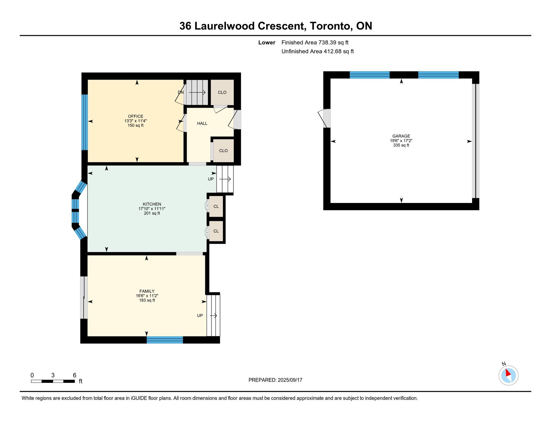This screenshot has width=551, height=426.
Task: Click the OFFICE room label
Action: pyautogui.click(x=135, y=116)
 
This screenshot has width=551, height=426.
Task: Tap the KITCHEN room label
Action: pyautogui.click(x=152, y=204)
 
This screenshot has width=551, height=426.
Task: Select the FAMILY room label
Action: pyautogui.click(x=147, y=291)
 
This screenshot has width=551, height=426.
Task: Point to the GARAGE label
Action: pyautogui.click(x=401, y=136)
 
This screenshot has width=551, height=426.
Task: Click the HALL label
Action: pyautogui.click(x=202, y=123)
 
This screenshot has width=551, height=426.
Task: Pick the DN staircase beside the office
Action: pyautogui.click(x=197, y=92)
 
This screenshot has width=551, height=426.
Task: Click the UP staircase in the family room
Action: pyautogui.click(x=213, y=315)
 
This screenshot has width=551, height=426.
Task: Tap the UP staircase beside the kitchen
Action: pyautogui.click(x=225, y=179)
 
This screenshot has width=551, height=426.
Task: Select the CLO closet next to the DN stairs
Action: pyautogui.click(x=222, y=92)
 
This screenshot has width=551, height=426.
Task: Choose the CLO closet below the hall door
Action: pyautogui.click(x=223, y=151)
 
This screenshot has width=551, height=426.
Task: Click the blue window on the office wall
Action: pyautogui.click(x=85, y=122)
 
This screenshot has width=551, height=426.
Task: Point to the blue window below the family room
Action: pyautogui.click(x=165, y=340)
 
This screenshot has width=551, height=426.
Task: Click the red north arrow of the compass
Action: pyautogui.click(x=508, y=373)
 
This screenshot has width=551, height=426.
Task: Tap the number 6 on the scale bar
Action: pyautogui.click(x=74, y=375)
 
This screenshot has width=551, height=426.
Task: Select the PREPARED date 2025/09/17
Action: pyautogui.click(x=290, y=380)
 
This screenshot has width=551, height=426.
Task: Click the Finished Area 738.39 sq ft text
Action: pyautogui.click(x=315, y=42)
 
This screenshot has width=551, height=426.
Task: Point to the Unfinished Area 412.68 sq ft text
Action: pyautogui.click(x=318, y=51)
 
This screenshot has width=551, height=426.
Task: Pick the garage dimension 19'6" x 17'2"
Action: pyautogui.click(x=401, y=141)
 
